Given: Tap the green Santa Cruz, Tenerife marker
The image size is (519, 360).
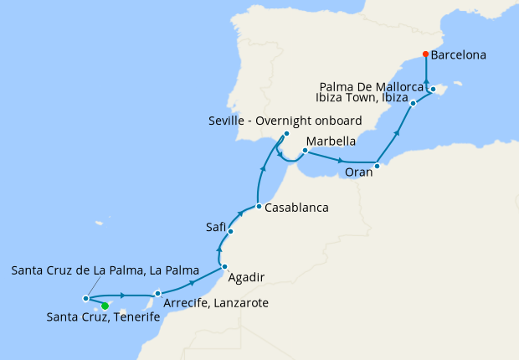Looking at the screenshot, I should pyautogui.click(x=105, y=306).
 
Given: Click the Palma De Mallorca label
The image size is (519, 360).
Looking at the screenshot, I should pyautogui.click(x=373, y=85).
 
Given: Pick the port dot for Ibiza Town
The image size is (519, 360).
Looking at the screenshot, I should pyautogui.click(x=414, y=104).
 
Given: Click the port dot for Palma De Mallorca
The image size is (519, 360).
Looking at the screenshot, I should pyautogui.click(x=433, y=89).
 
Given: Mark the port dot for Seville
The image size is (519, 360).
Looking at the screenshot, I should pyautogui.click(x=286, y=134).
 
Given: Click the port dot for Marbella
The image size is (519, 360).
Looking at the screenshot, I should pyautogui.click(x=305, y=152).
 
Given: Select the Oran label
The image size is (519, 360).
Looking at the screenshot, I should pyautogui.click(x=358, y=173).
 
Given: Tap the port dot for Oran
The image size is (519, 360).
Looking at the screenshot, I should pyautogui.click(x=377, y=166).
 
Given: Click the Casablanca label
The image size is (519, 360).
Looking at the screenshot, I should pyautogui.click(x=296, y=207).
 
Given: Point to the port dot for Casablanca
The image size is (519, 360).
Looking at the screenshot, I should pyautogui.click(x=259, y=206).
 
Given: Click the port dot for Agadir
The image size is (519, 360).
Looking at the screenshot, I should pyautogui.click(x=225, y=267).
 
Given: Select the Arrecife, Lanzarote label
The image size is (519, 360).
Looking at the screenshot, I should pyautogui.click(x=217, y=302).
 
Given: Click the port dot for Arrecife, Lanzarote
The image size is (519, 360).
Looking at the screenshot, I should pyautogui.click(x=157, y=293).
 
